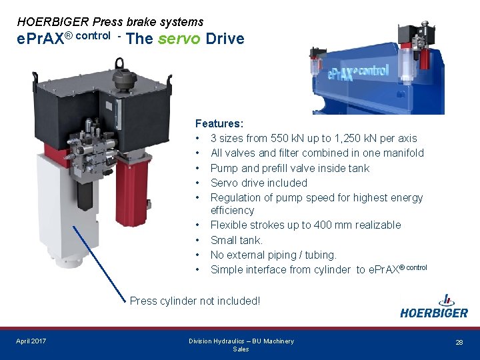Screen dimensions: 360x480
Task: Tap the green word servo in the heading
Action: coord(179,39)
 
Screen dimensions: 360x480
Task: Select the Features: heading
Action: coord(219,123)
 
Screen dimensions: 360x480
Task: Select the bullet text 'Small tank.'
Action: coord(237,240)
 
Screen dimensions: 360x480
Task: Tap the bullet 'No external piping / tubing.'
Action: coord(273,255)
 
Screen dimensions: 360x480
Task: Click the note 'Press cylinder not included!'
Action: coord(195,301)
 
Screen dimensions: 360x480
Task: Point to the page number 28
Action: coord(459,342)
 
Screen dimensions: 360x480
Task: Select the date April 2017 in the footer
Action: coord(31,341)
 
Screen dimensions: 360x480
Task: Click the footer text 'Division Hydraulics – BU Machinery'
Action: coord(241,341)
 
